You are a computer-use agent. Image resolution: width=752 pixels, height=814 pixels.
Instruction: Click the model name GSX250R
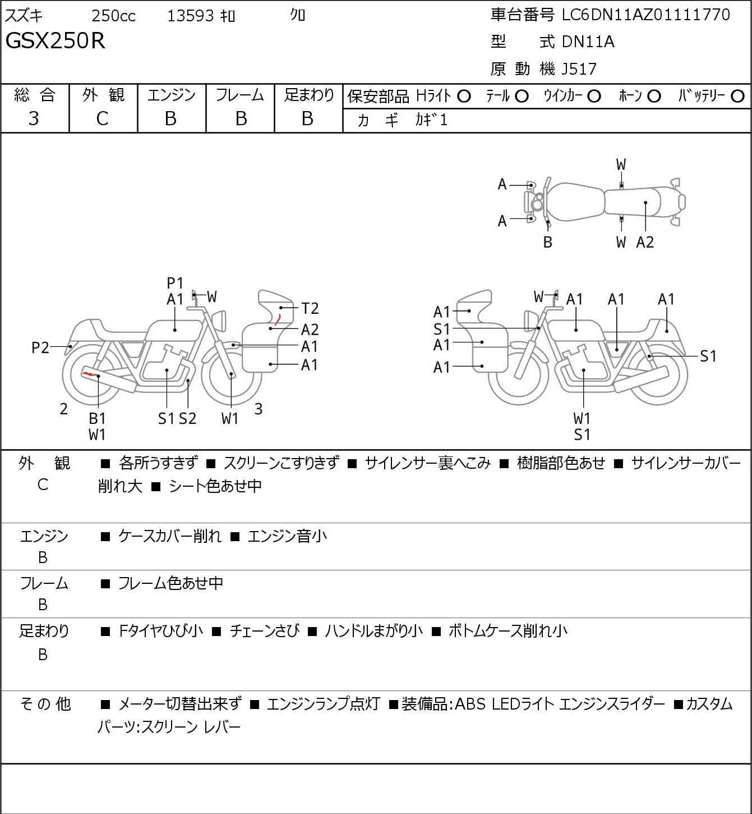point(56,40)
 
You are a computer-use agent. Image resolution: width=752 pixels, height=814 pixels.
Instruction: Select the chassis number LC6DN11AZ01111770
point(645,15)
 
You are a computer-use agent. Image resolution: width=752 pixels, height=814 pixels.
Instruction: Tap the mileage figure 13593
point(191,16)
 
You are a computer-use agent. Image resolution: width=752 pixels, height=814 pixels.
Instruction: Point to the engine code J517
point(579,69)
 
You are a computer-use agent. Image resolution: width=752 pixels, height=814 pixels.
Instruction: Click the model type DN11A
point(588,42)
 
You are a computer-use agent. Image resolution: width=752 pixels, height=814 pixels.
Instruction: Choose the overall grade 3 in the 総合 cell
point(34,119)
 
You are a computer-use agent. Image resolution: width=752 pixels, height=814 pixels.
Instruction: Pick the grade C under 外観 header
point(102,119)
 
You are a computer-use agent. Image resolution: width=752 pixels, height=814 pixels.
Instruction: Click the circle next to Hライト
point(464,97)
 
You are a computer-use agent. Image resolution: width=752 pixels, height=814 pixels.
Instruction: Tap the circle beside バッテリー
point(737,97)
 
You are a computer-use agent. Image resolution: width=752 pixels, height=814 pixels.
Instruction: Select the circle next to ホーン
point(654,97)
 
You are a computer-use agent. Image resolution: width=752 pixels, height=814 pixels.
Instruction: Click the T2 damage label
point(310,308)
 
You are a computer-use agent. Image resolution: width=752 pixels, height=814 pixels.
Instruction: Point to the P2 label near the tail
point(40,347)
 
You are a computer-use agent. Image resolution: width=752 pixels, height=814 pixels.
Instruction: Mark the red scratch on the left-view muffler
point(91,374)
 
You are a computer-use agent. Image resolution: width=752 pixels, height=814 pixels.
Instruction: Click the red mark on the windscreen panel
point(278,319)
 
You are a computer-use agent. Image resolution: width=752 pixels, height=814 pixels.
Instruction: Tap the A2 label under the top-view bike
point(645,242)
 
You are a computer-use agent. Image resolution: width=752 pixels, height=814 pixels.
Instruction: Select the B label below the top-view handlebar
point(548,242)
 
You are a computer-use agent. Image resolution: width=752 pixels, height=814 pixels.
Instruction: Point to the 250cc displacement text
point(113,16)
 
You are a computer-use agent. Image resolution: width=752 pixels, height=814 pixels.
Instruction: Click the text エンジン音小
point(287,536)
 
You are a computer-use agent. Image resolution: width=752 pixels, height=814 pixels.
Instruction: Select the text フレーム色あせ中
point(170,583)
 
